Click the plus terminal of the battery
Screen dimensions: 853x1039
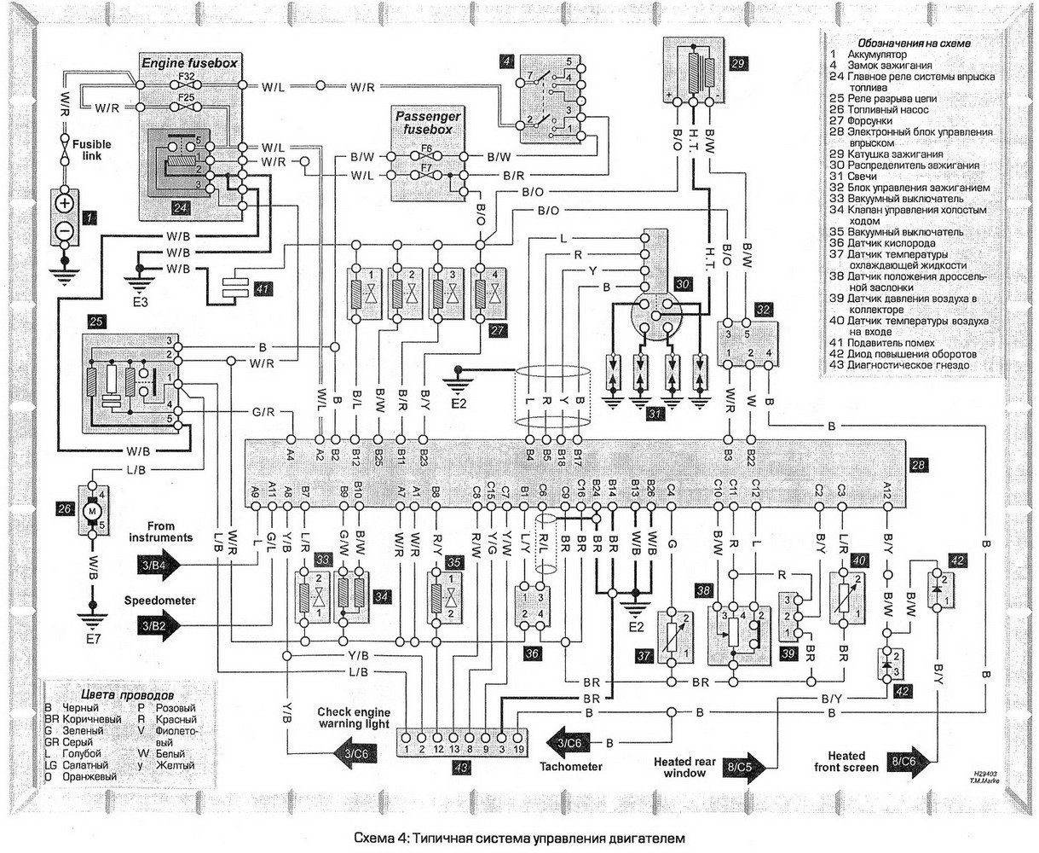pyautogui.click(x=64, y=204)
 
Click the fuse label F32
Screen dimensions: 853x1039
pyautogui.click(x=187, y=76)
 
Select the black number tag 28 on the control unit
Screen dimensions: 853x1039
pyautogui.click(x=916, y=466)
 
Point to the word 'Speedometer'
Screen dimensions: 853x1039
pyautogui.click(x=159, y=601)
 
